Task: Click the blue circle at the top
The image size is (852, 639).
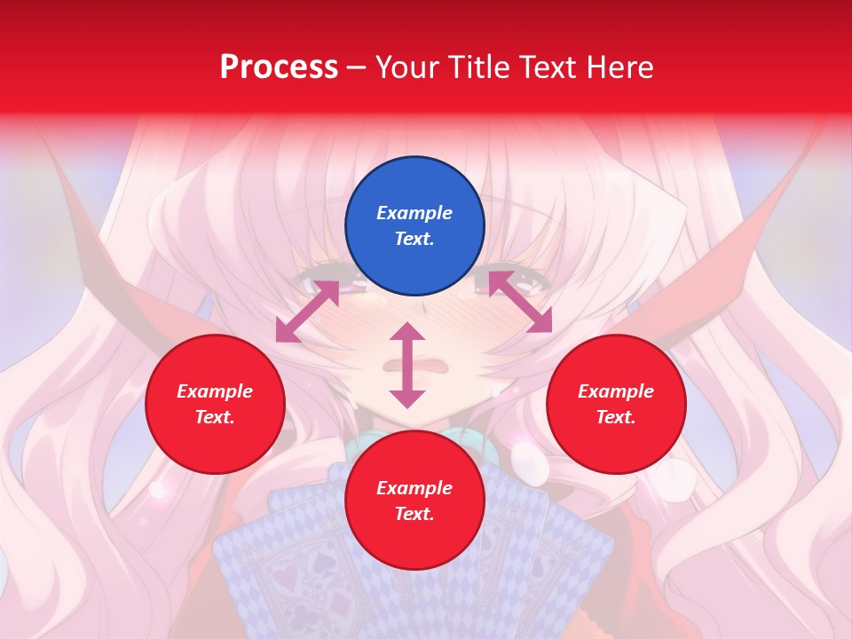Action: click(414, 226)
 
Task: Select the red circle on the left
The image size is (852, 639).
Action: click(215, 404)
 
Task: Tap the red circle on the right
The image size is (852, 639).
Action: click(616, 404)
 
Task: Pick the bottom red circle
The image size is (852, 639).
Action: click(414, 501)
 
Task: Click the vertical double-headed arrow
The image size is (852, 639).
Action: click(407, 365)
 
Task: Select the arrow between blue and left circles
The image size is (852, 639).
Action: click(307, 312)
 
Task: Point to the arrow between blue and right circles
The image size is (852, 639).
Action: click(520, 302)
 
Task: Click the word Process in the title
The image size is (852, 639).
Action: click(279, 67)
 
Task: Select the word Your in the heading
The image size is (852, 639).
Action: click(408, 67)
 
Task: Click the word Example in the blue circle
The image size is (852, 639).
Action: click(414, 213)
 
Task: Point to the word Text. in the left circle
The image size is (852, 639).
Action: click(215, 417)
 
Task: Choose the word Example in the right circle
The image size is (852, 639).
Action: click(616, 391)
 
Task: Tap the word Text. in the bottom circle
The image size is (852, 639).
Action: click(414, 514)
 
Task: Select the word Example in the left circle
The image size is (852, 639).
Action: click(215, 391)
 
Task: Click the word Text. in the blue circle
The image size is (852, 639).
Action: click(414, 240)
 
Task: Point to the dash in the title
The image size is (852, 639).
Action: click(356, 67)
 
